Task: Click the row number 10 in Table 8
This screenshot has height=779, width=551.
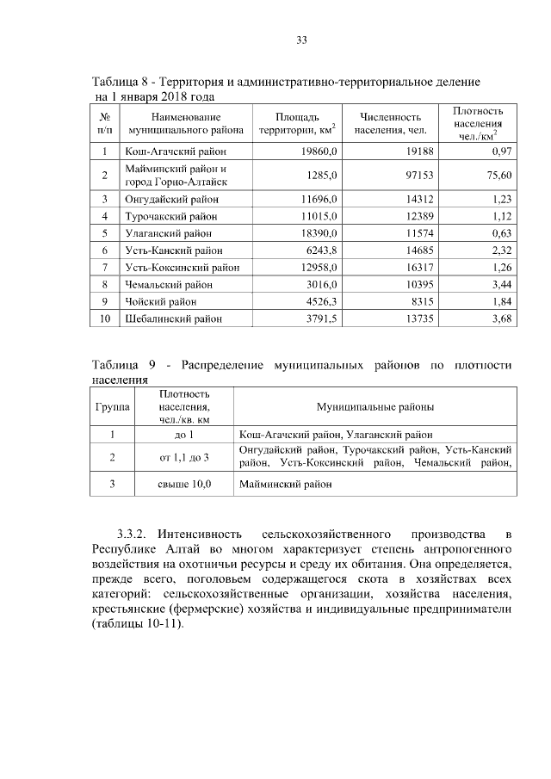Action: pos(104,318)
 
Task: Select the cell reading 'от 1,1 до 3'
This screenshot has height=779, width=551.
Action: pos(184,456)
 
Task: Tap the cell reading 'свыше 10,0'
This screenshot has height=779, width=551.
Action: pos(184,485)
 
